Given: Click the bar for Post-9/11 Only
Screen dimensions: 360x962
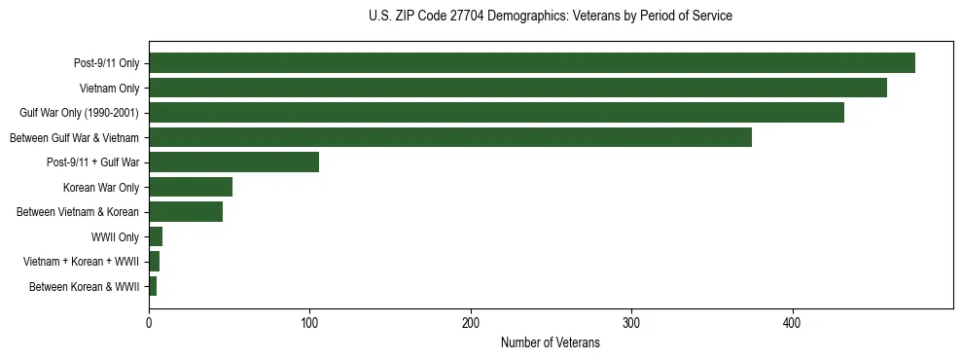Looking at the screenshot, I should click(531, 63).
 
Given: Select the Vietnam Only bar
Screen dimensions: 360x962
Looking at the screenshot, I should click(517, 88).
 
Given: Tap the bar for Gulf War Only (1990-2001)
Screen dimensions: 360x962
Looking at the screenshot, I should click(496, 113).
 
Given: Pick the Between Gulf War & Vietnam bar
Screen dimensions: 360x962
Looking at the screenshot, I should click(449, 137).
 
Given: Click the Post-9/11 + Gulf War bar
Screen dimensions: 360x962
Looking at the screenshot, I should click(233, 162).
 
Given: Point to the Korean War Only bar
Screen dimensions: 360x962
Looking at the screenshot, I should click(191, 187).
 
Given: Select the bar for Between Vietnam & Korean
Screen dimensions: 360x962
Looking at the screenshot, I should click(186, 212).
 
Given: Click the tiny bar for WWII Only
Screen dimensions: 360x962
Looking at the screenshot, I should click(156, 236).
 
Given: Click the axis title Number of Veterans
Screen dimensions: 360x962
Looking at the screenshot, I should click(550, 343).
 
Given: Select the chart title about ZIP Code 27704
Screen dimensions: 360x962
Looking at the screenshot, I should click(550, 17).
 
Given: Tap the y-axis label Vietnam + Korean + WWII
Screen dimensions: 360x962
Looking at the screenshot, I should click(81, 262).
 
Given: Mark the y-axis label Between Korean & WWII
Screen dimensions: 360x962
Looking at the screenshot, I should click(85, 287).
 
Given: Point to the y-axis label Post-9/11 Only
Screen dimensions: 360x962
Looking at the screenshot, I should click(106, 63).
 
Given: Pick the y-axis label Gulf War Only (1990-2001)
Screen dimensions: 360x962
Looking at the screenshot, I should click(79, 113).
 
